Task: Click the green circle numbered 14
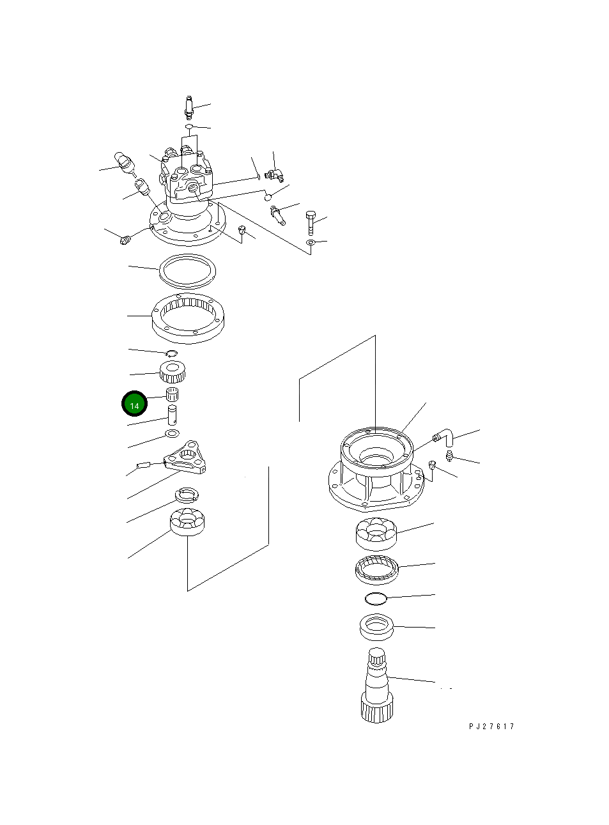click(x=134, y=404)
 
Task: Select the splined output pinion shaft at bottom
click(x=376, y=685)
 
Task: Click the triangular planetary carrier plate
click(x=185, y=458)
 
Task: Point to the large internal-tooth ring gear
click(x=188, y=318)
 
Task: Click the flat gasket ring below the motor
click(x=187, y=272)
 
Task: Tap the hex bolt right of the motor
click(x=311, y=222)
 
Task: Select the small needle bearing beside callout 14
click(x=172, y=394)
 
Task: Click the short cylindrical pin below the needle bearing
click(x=172, y=415)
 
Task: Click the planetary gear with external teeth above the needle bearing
click(x=173, y=372)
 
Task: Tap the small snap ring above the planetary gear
click(x=171, y=353)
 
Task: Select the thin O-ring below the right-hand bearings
click(x=376, y=599)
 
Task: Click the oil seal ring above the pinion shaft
click(x=376, y=627)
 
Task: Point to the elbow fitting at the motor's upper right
click(x=274, y=174)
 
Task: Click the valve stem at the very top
click(x=189, y=107)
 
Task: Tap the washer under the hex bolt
click(x=311, y=243)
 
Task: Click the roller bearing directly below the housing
click(x=376, y=534)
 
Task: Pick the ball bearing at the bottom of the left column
click(x=187, y=522)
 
